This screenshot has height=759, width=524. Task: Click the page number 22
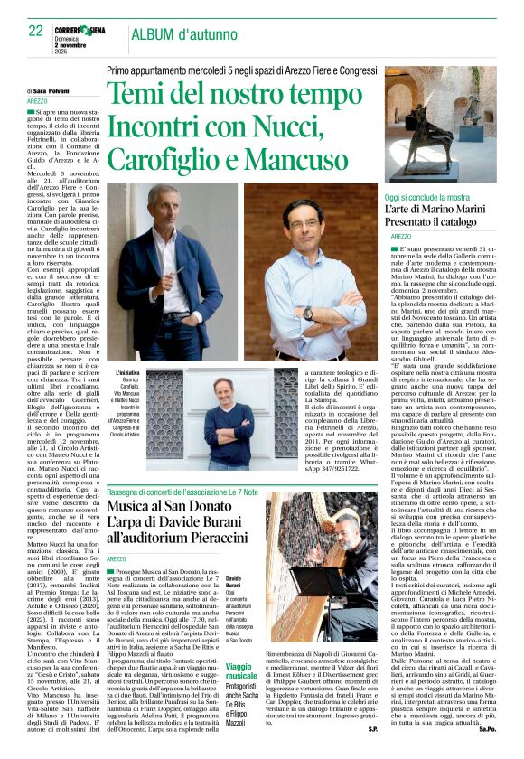[x=35, y=32]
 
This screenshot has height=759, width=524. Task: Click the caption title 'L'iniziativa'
[x=129, y=373]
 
